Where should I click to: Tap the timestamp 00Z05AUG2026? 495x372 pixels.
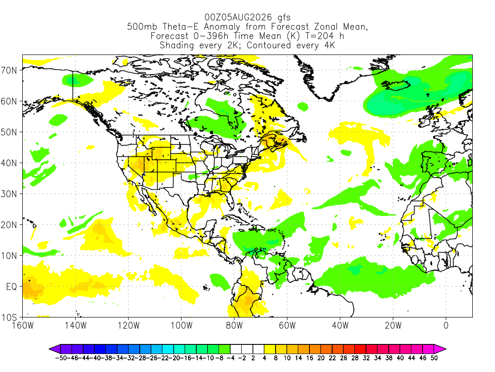(238, 17)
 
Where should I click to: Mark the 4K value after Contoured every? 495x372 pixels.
(330, 45)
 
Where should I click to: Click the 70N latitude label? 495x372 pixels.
(9, 70)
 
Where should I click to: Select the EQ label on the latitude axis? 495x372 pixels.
(12, 287)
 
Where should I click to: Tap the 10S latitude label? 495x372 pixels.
(9, 317)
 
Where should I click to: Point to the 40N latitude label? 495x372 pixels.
(9, 163)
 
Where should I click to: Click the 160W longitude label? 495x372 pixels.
(23, 325)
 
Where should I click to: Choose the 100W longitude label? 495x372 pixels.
(181, 325)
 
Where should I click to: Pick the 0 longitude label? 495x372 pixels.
(446, 325)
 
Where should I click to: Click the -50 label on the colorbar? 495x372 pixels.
(60, 358)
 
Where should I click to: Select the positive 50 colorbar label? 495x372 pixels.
(434, 358)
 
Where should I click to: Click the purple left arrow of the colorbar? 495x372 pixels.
(55, 349)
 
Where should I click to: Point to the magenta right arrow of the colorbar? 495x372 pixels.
(440, 349)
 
